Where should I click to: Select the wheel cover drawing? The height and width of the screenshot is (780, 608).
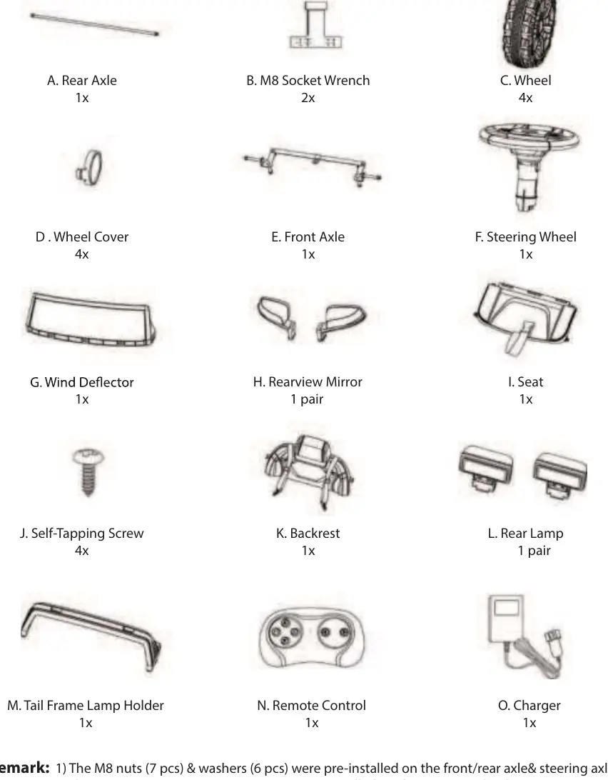tap(90, 168)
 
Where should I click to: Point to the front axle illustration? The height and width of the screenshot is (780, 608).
tap(312, 166)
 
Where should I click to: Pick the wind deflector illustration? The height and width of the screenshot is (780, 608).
tap(90, 319)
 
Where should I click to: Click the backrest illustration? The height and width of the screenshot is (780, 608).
tap(309, 471)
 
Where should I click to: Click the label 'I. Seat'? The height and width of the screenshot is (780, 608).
tap(525, 382)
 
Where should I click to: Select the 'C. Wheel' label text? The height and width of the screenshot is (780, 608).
tap(525, 81)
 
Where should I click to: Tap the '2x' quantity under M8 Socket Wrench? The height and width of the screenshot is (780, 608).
tap(308, 98)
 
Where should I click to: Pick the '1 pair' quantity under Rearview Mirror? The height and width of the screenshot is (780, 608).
tap(308, 399)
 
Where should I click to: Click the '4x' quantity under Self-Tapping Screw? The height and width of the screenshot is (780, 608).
tap(82, 551)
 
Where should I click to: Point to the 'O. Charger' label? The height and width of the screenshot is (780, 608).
tap(530, 706)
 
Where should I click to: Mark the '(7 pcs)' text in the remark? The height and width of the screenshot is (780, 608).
tap(164, 768)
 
